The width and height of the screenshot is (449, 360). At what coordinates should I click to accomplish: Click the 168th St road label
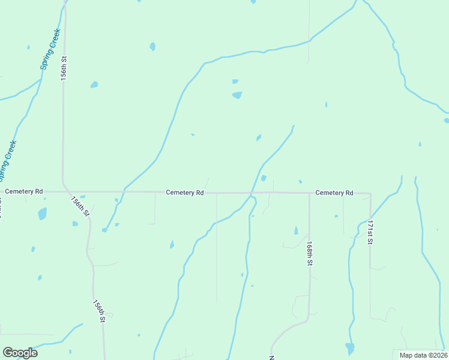pos(309,254)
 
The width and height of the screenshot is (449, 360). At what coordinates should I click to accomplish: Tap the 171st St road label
pos(370,232)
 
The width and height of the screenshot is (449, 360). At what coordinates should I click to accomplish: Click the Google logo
pos(20,353)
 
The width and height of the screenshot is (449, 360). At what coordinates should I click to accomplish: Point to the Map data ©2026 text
pos(423,355)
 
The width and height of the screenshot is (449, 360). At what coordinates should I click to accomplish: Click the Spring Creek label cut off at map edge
pos(7,161)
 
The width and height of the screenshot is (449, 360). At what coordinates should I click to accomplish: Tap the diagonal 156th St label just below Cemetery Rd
pos(80,206)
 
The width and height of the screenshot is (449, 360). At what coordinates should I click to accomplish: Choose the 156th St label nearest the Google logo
pos(99,311)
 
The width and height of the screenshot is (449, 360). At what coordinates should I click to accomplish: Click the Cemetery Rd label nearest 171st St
pos(334,193)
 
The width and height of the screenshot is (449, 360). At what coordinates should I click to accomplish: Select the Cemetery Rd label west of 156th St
pos(24,191)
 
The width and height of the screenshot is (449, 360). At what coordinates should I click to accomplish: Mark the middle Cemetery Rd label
pos(185,193)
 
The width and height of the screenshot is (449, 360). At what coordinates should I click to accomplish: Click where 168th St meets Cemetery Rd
pos(309,193)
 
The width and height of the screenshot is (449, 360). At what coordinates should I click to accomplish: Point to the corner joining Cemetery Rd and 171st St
pos(370,194)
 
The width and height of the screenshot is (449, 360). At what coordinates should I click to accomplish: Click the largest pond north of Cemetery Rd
pos(237,95)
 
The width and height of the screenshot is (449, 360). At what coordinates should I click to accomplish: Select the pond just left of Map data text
pos(350,348)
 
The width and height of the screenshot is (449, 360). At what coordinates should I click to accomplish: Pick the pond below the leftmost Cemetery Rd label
pos(42,213)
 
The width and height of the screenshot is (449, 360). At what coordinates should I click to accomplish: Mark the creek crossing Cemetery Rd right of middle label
pos(251,193)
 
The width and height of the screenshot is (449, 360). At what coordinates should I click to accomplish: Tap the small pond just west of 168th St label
pos(296,230)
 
